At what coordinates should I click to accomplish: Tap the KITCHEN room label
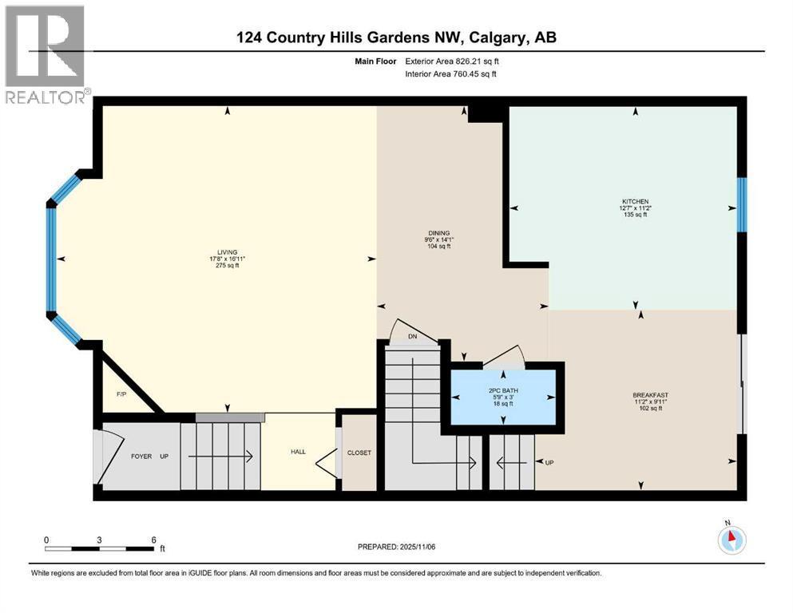[x=636, y=201]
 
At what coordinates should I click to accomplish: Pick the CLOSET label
[x=359, y=453]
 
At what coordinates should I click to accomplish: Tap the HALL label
[x=298, y=452]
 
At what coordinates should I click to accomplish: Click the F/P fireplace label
[x=121, y=394]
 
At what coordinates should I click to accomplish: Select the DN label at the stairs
[x=412, y=336]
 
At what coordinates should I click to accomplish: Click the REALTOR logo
[x=46, y=55]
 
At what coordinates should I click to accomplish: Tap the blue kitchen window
[x=740, y=203]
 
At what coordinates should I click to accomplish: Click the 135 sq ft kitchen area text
[x=636, y=216]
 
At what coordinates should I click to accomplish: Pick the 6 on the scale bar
[x=153, y=540]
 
